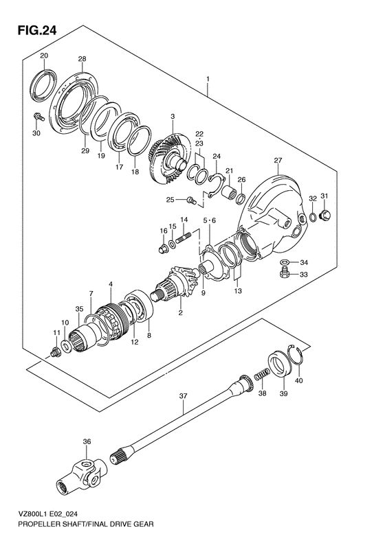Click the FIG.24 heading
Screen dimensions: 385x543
click(36, 30)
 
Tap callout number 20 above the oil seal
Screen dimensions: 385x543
click(44, 56)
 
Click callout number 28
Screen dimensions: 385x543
click(82, 59)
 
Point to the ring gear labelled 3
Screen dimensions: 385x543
click(170, 158)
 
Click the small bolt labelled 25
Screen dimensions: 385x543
click(191, 200)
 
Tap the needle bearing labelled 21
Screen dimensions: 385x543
click(229, 192)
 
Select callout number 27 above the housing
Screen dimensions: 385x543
click(278, 161)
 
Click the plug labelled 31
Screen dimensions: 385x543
click(326, 214)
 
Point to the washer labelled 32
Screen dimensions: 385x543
click(313, 217)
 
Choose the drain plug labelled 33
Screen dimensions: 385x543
click(285, 274)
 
